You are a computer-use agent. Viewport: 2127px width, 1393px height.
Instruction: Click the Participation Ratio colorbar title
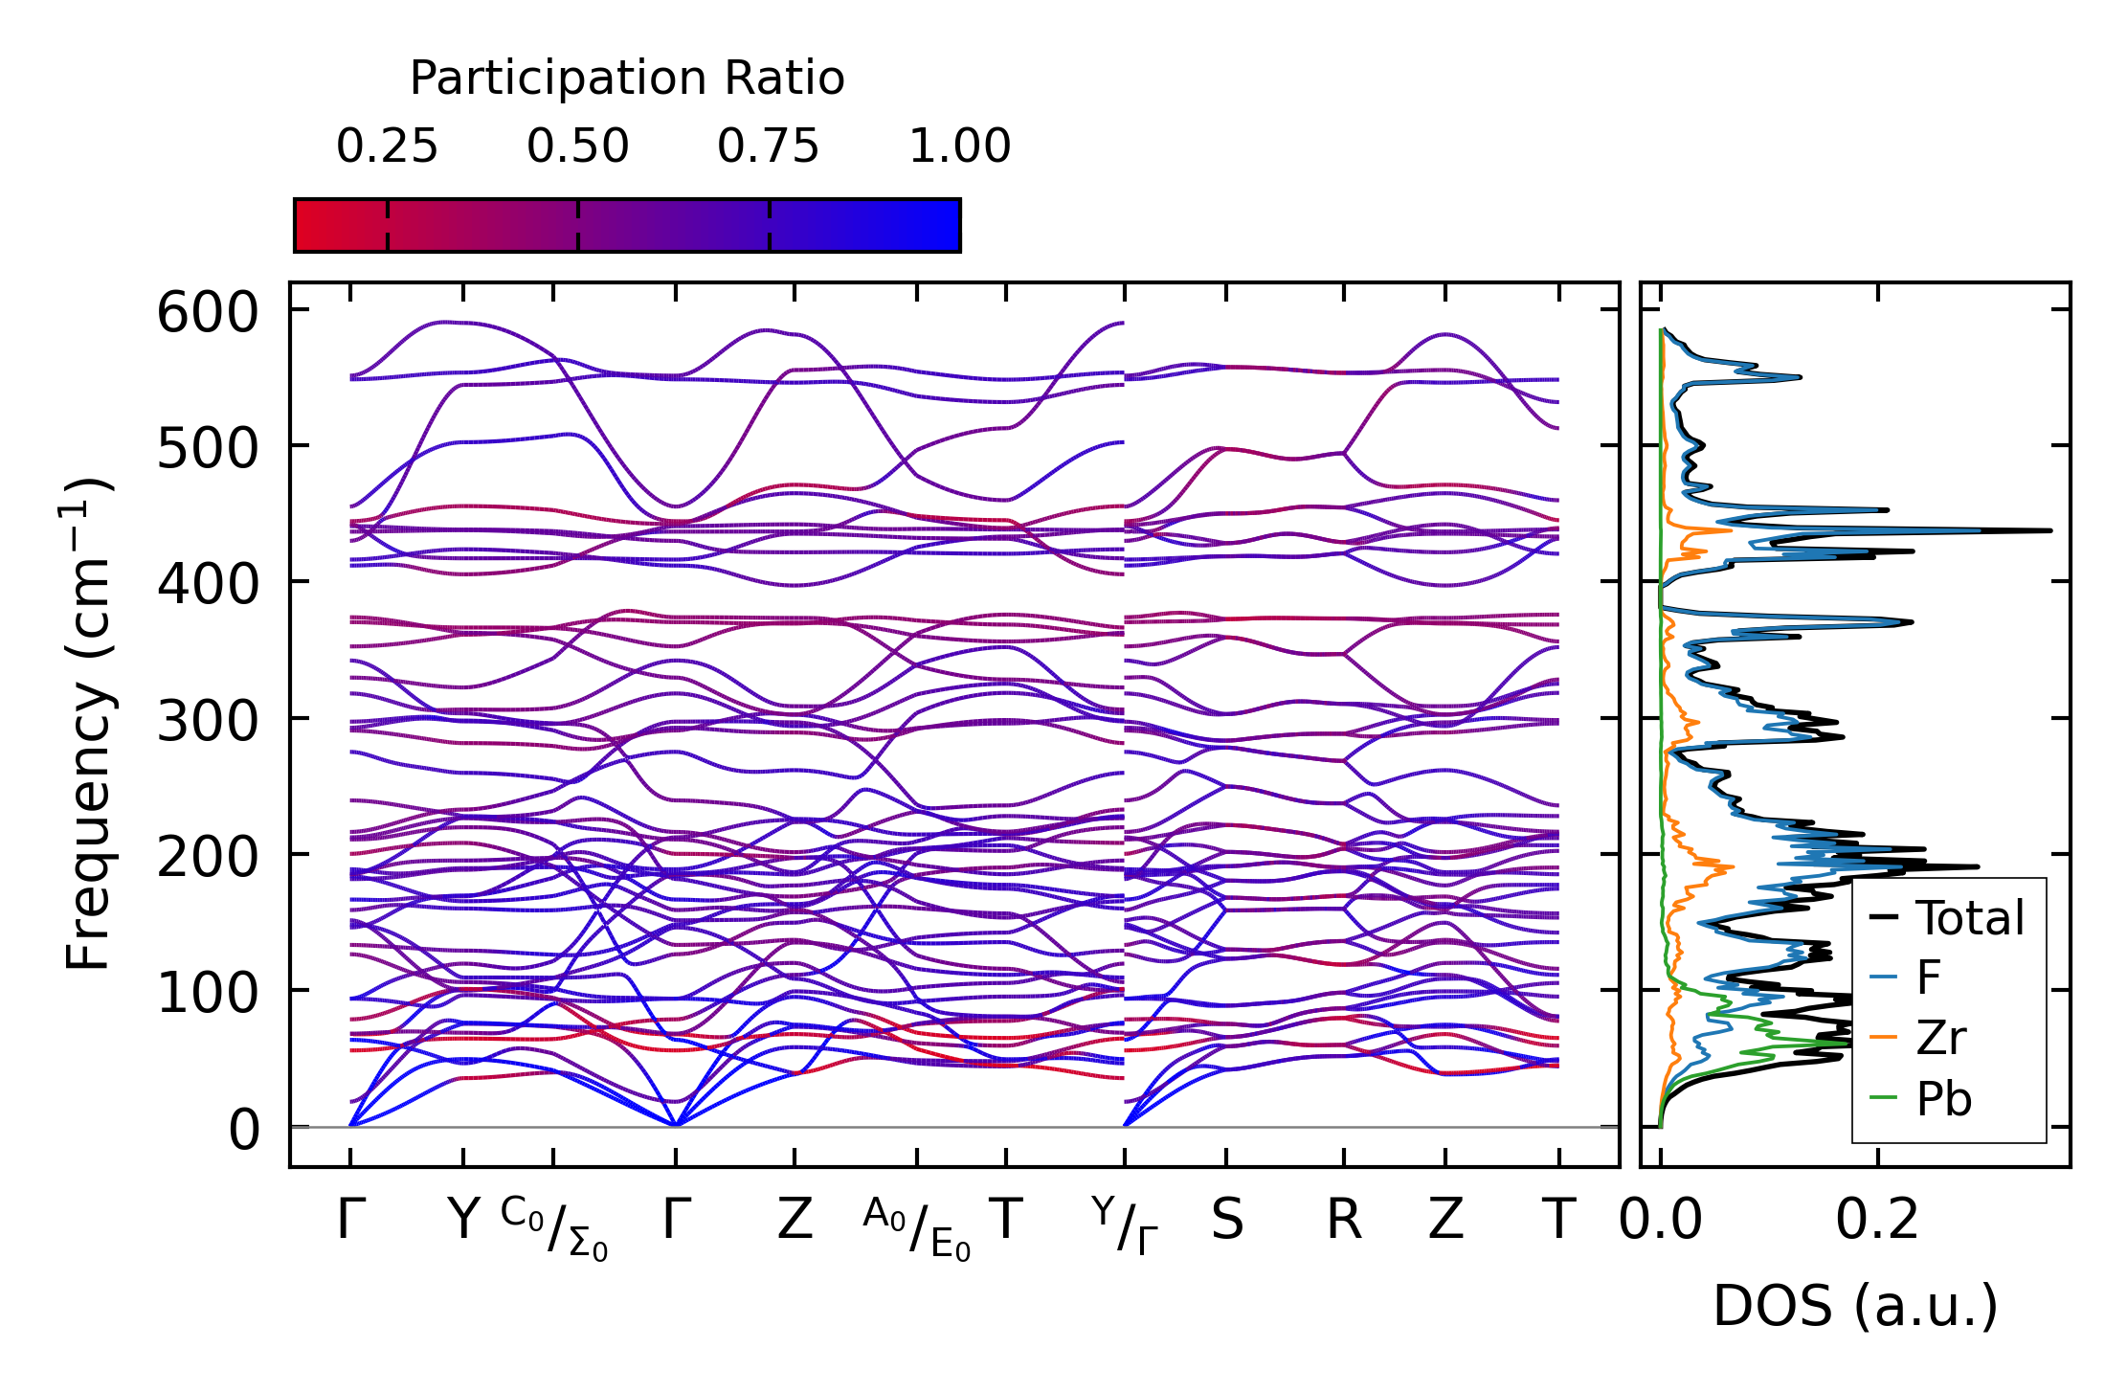pos(627,79)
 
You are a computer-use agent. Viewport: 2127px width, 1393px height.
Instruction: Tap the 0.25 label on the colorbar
pos(387,147)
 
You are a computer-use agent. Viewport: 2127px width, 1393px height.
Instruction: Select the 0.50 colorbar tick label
pos(577,147)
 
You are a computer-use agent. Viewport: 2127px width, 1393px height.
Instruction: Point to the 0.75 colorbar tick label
pos(768,147)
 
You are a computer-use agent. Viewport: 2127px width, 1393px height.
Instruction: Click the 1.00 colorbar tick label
pos(959,147)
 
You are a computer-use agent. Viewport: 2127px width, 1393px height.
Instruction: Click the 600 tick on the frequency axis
pos(208,313)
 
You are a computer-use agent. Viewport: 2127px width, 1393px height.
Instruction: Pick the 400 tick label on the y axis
pos(208,583)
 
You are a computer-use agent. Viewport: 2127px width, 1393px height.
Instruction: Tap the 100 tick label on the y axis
pos(208,993)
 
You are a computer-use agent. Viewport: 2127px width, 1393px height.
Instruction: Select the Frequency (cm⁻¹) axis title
pos(89,724)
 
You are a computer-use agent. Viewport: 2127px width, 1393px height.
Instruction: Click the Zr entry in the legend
pos(1940,1039)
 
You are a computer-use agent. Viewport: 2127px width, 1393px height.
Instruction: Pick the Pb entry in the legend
pos(1943,1099)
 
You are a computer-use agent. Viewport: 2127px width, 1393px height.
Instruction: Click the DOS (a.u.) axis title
pos(1854,1307)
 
